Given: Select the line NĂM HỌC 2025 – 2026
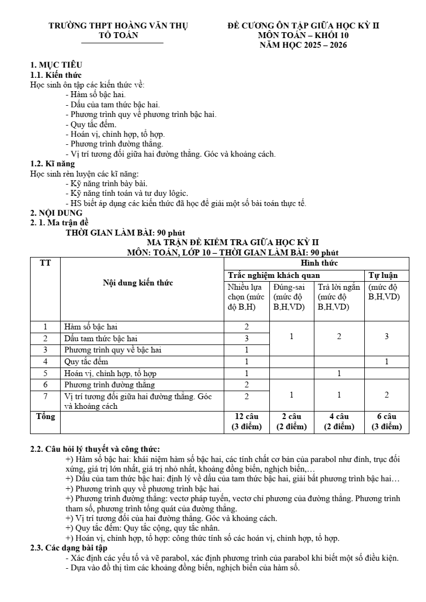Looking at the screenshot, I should [303, 45].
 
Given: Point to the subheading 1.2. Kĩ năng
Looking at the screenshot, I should [53, 164].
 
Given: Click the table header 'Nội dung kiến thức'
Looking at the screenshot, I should [138, 283].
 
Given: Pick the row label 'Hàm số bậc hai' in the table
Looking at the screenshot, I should [91, 327].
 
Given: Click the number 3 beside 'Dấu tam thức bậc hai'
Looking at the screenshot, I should [246, 339].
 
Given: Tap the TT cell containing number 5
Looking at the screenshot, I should [46, 373].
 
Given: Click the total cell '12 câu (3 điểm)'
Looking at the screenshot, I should [246, 422].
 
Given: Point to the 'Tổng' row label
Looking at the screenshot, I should [45, 417].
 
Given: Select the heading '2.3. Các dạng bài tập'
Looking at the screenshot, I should [69, 548].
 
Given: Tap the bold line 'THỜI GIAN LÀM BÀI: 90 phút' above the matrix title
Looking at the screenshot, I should [125, 233].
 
